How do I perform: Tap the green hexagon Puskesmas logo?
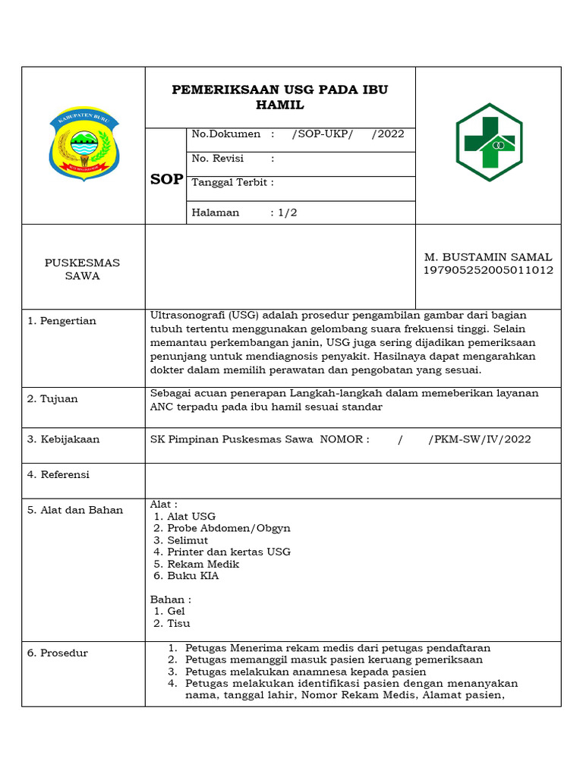click(x=489, y=142)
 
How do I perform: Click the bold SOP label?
click(x=166, y=179)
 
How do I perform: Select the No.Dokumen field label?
click(x=226, y=134)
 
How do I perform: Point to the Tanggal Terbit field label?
click(x=232, y=183)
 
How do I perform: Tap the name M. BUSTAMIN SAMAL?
click(x=488, y=257)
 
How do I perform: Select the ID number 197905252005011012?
click(x=488, y=270)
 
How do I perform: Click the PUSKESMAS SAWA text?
click(x=82, y=269)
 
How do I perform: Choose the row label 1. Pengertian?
click(x=62, y=321)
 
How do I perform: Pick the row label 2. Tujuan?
click(x=53, y=399)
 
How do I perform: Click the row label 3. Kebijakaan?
click(x=64, y=439)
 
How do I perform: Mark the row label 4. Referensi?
click(x=58, y=475)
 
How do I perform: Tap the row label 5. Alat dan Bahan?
click(x=75, y=510)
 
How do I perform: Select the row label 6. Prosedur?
click(x=58, y=653)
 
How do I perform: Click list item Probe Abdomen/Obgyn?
click(x=228, y=528)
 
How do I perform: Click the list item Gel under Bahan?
click(x=176, y=611)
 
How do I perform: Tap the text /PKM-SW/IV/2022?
click(x=480, y=439)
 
